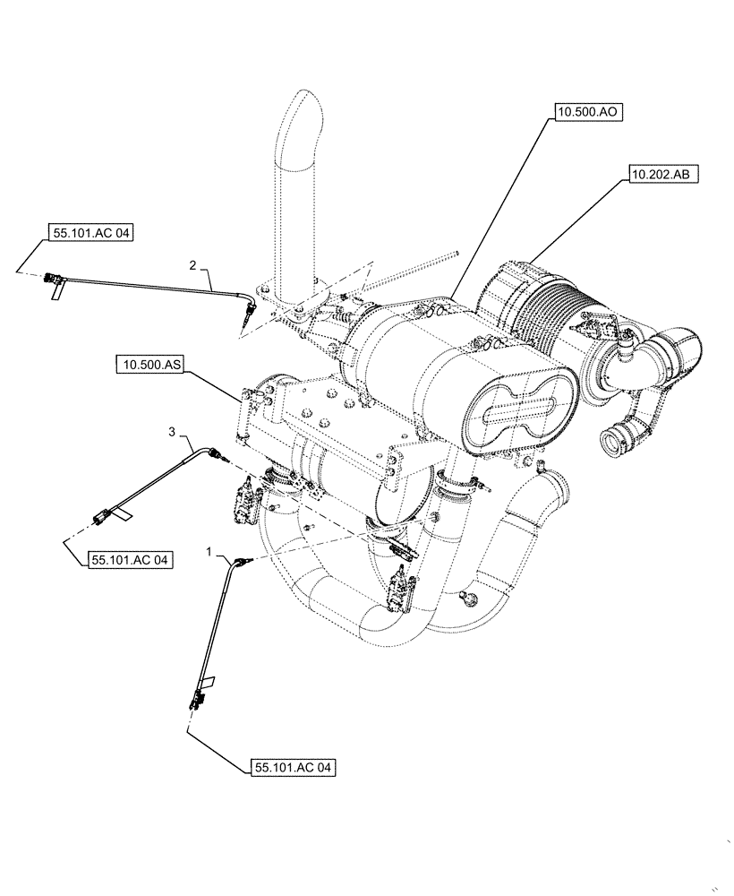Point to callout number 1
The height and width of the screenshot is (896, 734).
209,556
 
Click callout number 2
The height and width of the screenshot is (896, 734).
192,264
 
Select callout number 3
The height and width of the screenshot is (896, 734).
172,433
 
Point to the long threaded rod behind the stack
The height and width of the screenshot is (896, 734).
412,272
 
